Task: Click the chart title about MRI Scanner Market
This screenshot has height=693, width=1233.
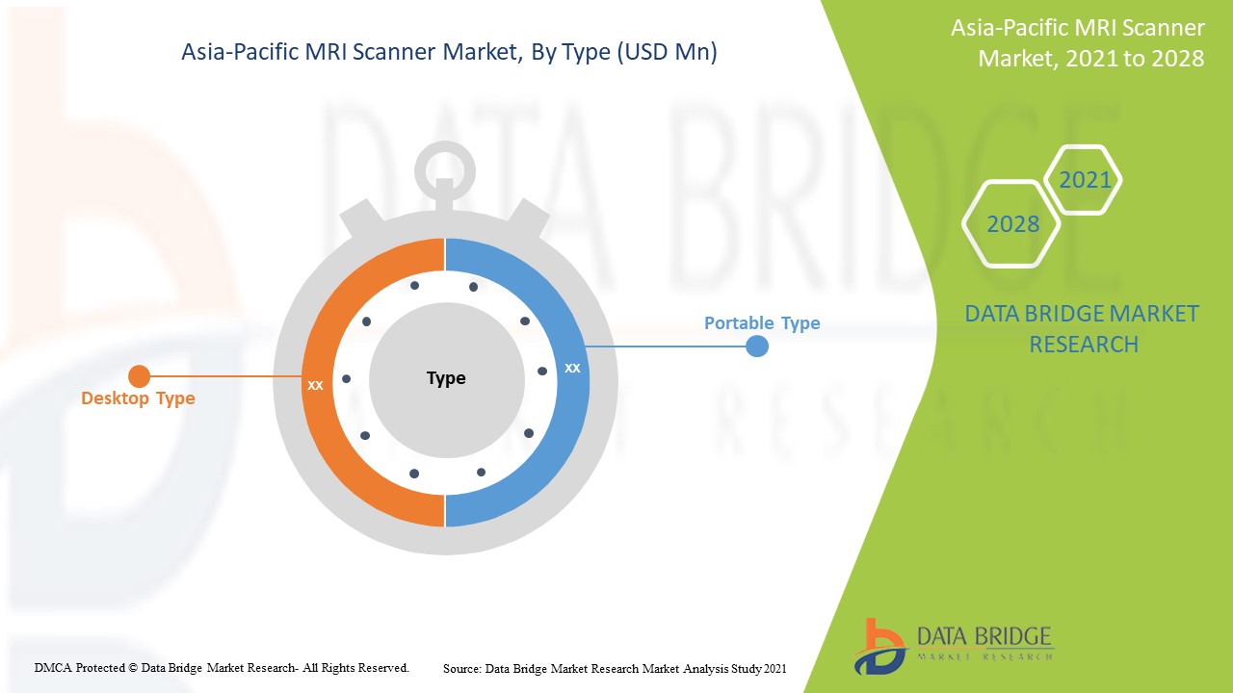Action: [x=449, y=52]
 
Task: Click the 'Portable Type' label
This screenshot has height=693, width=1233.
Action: [x=762, y=323]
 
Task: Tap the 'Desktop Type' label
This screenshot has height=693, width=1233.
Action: [x=138, y=398]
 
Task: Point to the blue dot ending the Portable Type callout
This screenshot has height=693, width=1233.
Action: [x=757, y=346]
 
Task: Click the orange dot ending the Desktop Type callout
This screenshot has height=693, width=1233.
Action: [x=139, y=376]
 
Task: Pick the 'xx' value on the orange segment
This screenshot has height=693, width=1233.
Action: [x=315, y=385]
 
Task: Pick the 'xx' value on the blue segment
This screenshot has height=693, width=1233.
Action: [x=572, y=368]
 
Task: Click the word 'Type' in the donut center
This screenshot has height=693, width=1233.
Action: [x=446, y=378]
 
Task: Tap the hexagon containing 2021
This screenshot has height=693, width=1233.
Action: [x=1085, y=180]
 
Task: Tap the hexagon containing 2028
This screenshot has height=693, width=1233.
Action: [x=1012, y=224]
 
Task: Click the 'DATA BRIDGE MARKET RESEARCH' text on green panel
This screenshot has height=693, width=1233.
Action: [x=1083, y=328]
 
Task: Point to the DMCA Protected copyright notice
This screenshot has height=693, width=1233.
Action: [x=222, y=667]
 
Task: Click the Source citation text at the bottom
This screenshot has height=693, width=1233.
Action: [x=615, y=668]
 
